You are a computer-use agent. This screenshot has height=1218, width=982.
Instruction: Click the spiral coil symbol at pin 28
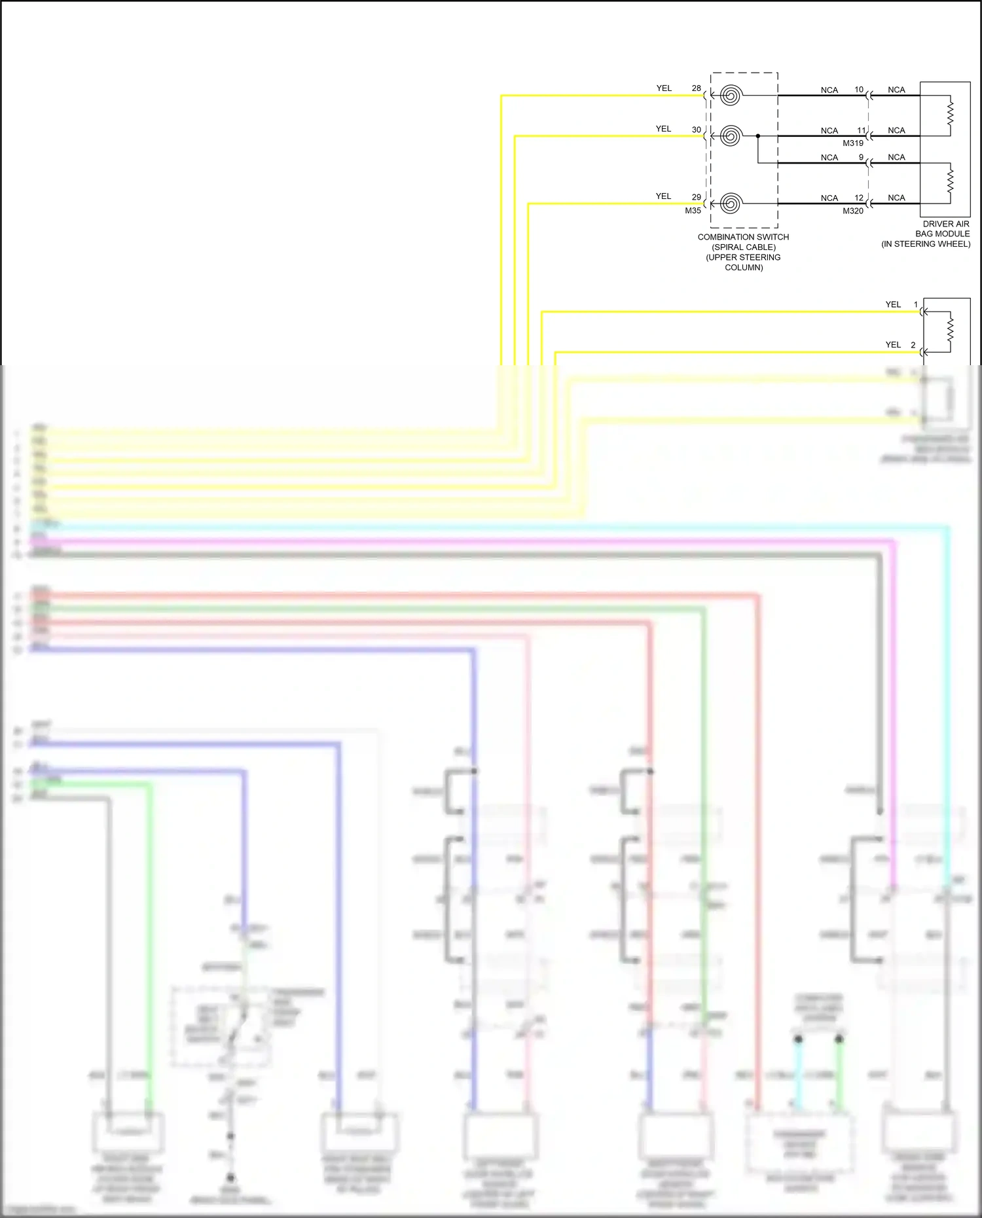coord(730,96)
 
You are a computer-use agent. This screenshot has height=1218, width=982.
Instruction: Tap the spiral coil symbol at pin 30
coord(730,136)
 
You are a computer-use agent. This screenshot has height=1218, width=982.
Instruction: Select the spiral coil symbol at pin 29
coord(730,204)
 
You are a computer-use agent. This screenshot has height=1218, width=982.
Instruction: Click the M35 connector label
coord(693,211)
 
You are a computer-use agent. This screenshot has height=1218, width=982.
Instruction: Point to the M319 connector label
coord(852,143)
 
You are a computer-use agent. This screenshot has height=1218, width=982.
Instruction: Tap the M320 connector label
coord(852,211)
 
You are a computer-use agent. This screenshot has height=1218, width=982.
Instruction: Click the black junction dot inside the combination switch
coord(758,136)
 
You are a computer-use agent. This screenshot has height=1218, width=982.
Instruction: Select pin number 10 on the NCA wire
coord(858,90)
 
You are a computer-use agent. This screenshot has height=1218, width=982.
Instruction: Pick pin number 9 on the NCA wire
coord(861,157)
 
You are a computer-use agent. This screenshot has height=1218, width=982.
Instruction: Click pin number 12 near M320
coord(858,198)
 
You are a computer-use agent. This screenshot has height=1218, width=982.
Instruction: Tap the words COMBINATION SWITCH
coord(743,237)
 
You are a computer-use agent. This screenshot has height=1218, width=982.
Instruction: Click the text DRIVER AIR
coord(946,224)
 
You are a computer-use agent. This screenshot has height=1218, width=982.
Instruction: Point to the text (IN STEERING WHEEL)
coord(926,244)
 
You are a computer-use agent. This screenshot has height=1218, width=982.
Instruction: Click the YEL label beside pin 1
coord(893,304)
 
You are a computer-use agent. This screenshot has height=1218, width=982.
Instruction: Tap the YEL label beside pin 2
coord(893,345)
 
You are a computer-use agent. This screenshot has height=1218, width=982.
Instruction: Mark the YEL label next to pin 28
coord(664,88)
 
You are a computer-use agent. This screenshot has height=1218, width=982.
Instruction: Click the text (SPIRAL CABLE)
coord(744,247)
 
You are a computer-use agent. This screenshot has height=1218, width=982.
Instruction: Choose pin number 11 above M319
coord(861,131)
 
